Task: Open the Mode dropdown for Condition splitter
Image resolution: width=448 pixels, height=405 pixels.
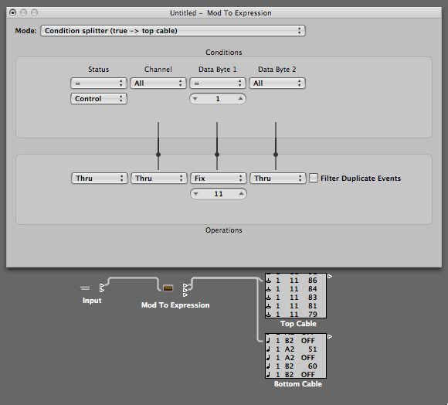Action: [173, 31]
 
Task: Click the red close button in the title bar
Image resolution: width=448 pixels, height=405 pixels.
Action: [12, 12]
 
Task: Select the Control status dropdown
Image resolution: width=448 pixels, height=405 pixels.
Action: [99, 99]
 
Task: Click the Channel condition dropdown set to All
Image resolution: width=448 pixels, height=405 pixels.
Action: [158, 83]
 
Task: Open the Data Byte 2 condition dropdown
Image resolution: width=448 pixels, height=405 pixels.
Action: [277, 83]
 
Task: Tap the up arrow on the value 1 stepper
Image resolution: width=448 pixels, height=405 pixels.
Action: [240, 99]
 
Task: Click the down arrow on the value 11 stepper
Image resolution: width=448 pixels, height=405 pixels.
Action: [195, 194]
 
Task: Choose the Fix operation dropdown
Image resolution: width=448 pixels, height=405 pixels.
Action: [218, 179]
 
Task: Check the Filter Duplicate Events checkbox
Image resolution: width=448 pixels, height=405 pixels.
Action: [314, 178]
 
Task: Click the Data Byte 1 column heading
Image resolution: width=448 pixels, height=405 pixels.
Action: [217, 70]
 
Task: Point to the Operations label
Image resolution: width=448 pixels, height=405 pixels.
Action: [224, 230]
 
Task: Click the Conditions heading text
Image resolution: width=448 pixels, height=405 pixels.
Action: [224, 53]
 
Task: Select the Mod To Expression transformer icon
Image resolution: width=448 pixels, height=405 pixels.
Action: [168, 288]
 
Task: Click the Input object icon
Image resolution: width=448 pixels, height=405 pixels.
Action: [85, 288]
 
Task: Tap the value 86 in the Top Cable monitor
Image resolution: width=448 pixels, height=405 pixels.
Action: [312, 281]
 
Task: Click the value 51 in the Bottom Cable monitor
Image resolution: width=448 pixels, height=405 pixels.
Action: [312, 349]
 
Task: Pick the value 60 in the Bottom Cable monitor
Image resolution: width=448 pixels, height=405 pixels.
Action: [312, 366]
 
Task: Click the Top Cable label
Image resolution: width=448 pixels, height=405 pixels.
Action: [298, 324]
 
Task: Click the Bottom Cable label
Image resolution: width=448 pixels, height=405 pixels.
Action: [298, 384]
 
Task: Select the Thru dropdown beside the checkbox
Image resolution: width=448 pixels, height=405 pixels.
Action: [277, 179]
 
